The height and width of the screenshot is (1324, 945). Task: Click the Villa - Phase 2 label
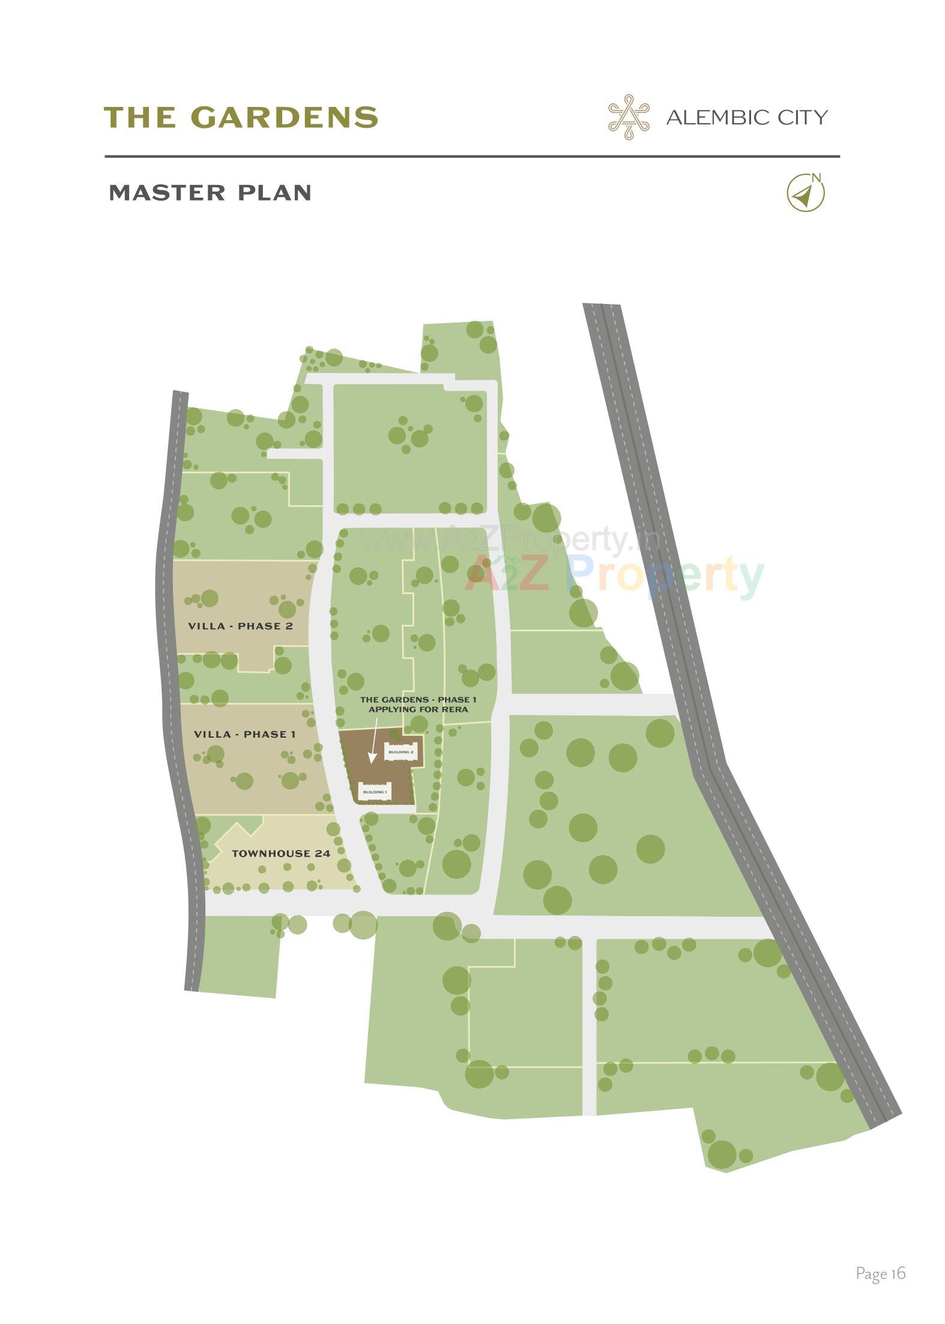(240, 626)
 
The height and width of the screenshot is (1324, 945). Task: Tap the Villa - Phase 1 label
(244, 734)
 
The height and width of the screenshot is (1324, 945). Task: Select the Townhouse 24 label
(281, 853)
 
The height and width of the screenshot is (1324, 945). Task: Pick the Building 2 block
(400, 752)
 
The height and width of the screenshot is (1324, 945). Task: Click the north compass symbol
(805, 193)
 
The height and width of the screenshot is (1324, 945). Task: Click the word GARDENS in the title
(285, 117)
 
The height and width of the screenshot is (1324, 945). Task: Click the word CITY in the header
(803, 117)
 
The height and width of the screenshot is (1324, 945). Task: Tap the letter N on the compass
(815, 177)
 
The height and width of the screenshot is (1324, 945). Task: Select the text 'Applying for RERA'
(418, 709)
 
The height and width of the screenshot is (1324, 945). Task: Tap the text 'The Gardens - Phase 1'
(418, 699)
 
